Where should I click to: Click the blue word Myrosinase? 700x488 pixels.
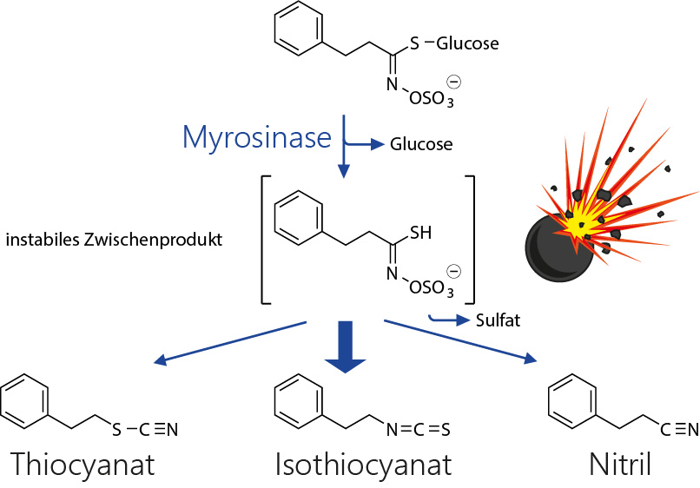point(257,136)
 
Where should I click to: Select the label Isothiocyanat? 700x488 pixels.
point(363,464)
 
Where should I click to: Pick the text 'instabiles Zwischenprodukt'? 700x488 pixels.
point(114,239)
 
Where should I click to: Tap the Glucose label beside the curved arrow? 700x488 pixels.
point(421,144)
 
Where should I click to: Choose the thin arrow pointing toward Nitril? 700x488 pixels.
point(460,340)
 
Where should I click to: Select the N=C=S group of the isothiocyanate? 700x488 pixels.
point(419,428)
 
